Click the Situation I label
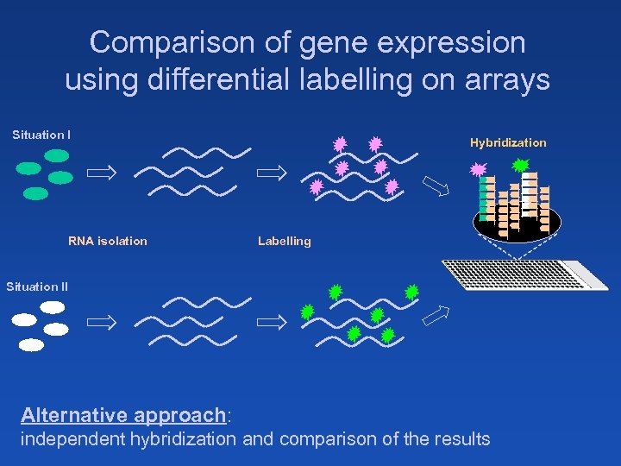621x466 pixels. [x=41, y=135]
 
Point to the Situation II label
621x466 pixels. [x=37, y=287]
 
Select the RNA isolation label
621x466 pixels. [x=108, y=241]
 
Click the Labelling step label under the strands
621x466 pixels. [x=284, y=241]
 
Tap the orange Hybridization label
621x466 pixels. [x=508, y=142]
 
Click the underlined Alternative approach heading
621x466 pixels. [x=123, y=415]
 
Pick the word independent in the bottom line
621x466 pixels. [x=73, y=439]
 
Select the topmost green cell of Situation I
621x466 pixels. [x=57, y=155]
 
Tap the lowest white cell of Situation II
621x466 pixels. [x=31, y=345]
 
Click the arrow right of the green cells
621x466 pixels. [x=102, y=173]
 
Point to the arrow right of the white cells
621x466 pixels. [x=102, y=323]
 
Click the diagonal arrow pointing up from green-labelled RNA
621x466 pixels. [x=435, y=316]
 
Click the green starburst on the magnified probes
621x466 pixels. [x=521, y=164]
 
